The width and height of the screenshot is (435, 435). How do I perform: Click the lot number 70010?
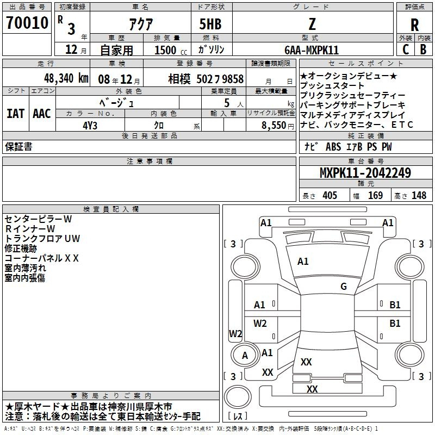27,23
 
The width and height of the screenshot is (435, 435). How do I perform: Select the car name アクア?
141,24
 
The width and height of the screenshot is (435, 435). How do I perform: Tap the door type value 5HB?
210,24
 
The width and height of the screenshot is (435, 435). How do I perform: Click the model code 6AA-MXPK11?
312,50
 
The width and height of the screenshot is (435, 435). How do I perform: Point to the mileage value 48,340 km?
66,78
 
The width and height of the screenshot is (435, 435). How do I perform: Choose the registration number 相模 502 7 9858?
206,79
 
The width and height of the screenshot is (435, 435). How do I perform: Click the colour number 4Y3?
90,126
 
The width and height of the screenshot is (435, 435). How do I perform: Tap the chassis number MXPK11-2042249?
365,172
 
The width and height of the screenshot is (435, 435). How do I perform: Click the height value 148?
419,195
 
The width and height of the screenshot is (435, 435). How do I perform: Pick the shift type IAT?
16,114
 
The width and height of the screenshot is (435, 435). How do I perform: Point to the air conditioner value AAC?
42,114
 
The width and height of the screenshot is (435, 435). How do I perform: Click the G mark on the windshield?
344,286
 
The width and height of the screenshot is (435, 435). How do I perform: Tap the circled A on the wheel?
245,356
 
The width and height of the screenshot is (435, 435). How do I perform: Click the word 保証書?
18,146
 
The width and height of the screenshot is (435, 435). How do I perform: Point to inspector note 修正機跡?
21,248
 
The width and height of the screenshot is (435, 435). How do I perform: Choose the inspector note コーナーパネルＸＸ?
42,258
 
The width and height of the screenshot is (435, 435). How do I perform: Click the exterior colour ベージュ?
117,103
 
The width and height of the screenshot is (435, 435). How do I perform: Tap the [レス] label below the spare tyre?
238,416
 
